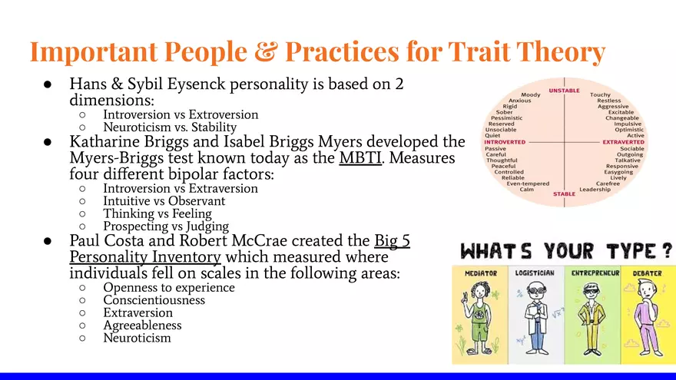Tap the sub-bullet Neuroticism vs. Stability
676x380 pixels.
[x=170, y=127]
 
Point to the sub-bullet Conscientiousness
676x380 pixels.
[x=154, y=300]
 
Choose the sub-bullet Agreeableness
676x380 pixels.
[x=145, y=325]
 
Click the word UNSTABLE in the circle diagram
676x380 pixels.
[x=564, y=90]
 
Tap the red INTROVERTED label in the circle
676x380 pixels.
[x=505, y=142]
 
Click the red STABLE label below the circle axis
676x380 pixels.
[x=564, y=194]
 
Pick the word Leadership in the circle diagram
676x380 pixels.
[x=595, y=189]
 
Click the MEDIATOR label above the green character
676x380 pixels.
[x=481, y=273]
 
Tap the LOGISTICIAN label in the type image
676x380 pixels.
[x=535, y=273]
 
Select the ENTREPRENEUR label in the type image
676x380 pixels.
[x=595, y=273]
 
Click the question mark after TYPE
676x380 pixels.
[x=666, y=250]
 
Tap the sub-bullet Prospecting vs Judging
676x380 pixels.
[x=166, y=226]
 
